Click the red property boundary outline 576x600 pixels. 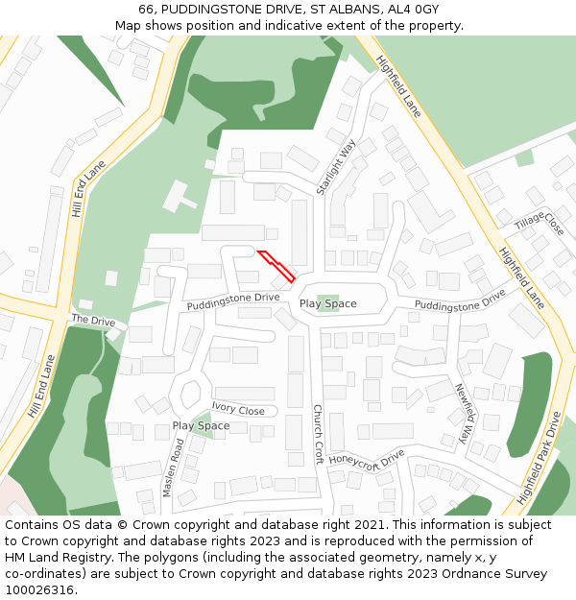[276, 266]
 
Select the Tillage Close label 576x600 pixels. [540, 223]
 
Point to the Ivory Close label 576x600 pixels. [238, 410]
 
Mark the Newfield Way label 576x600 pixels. [463, 413]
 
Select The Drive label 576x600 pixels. [93, 320]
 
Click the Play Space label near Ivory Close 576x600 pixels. [201, 425]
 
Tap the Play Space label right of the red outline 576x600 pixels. [327, 303]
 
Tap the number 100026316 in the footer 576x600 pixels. [38, 589]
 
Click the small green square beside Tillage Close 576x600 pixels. [523, 157]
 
